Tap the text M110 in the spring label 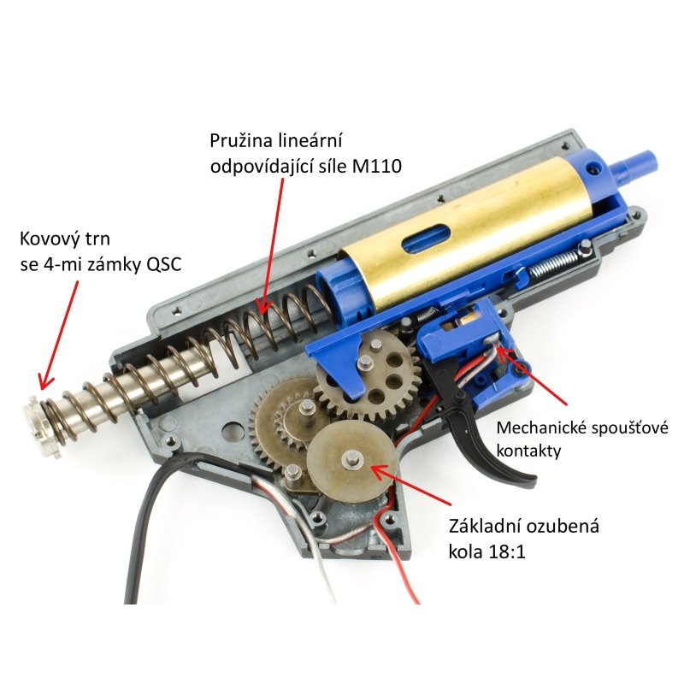pyautogui.click(x=376, y=166)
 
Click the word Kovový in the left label pyautogui.click(x=50, y=239)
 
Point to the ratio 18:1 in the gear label pyautogui.click(x=507, y=551)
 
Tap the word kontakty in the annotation pyautogui.click(x=528, y=451)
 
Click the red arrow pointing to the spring pyautogui.click(x=270, y=246)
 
